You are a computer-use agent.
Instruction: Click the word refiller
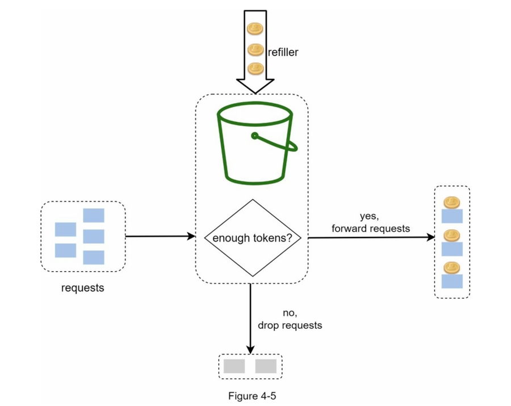[x=279, y=52]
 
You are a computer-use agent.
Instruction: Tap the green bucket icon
[x=253, y=145]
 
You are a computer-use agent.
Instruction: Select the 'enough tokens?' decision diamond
[x=252, y=238]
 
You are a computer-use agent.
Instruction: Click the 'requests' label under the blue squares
[x=83, y=287]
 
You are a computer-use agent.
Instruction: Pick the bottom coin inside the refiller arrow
[x=255, y=69]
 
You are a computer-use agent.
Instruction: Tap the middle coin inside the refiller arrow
[x=255, y=49]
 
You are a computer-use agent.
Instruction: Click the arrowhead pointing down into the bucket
[x=255, y=85]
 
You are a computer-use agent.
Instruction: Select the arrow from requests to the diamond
[x=159, y=236]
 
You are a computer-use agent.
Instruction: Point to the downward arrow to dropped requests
[x=250, y=318]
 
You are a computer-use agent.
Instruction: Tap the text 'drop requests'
[x=290, y=325]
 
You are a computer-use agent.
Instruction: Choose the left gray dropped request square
[x=234, y=366]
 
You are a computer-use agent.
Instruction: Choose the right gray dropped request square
[x=266, y=366]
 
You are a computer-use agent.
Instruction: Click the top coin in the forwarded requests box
[x=452, y=202]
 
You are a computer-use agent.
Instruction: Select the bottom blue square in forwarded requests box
[x=452, y=281]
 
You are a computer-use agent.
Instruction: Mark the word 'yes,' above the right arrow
[x=369, y=217]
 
